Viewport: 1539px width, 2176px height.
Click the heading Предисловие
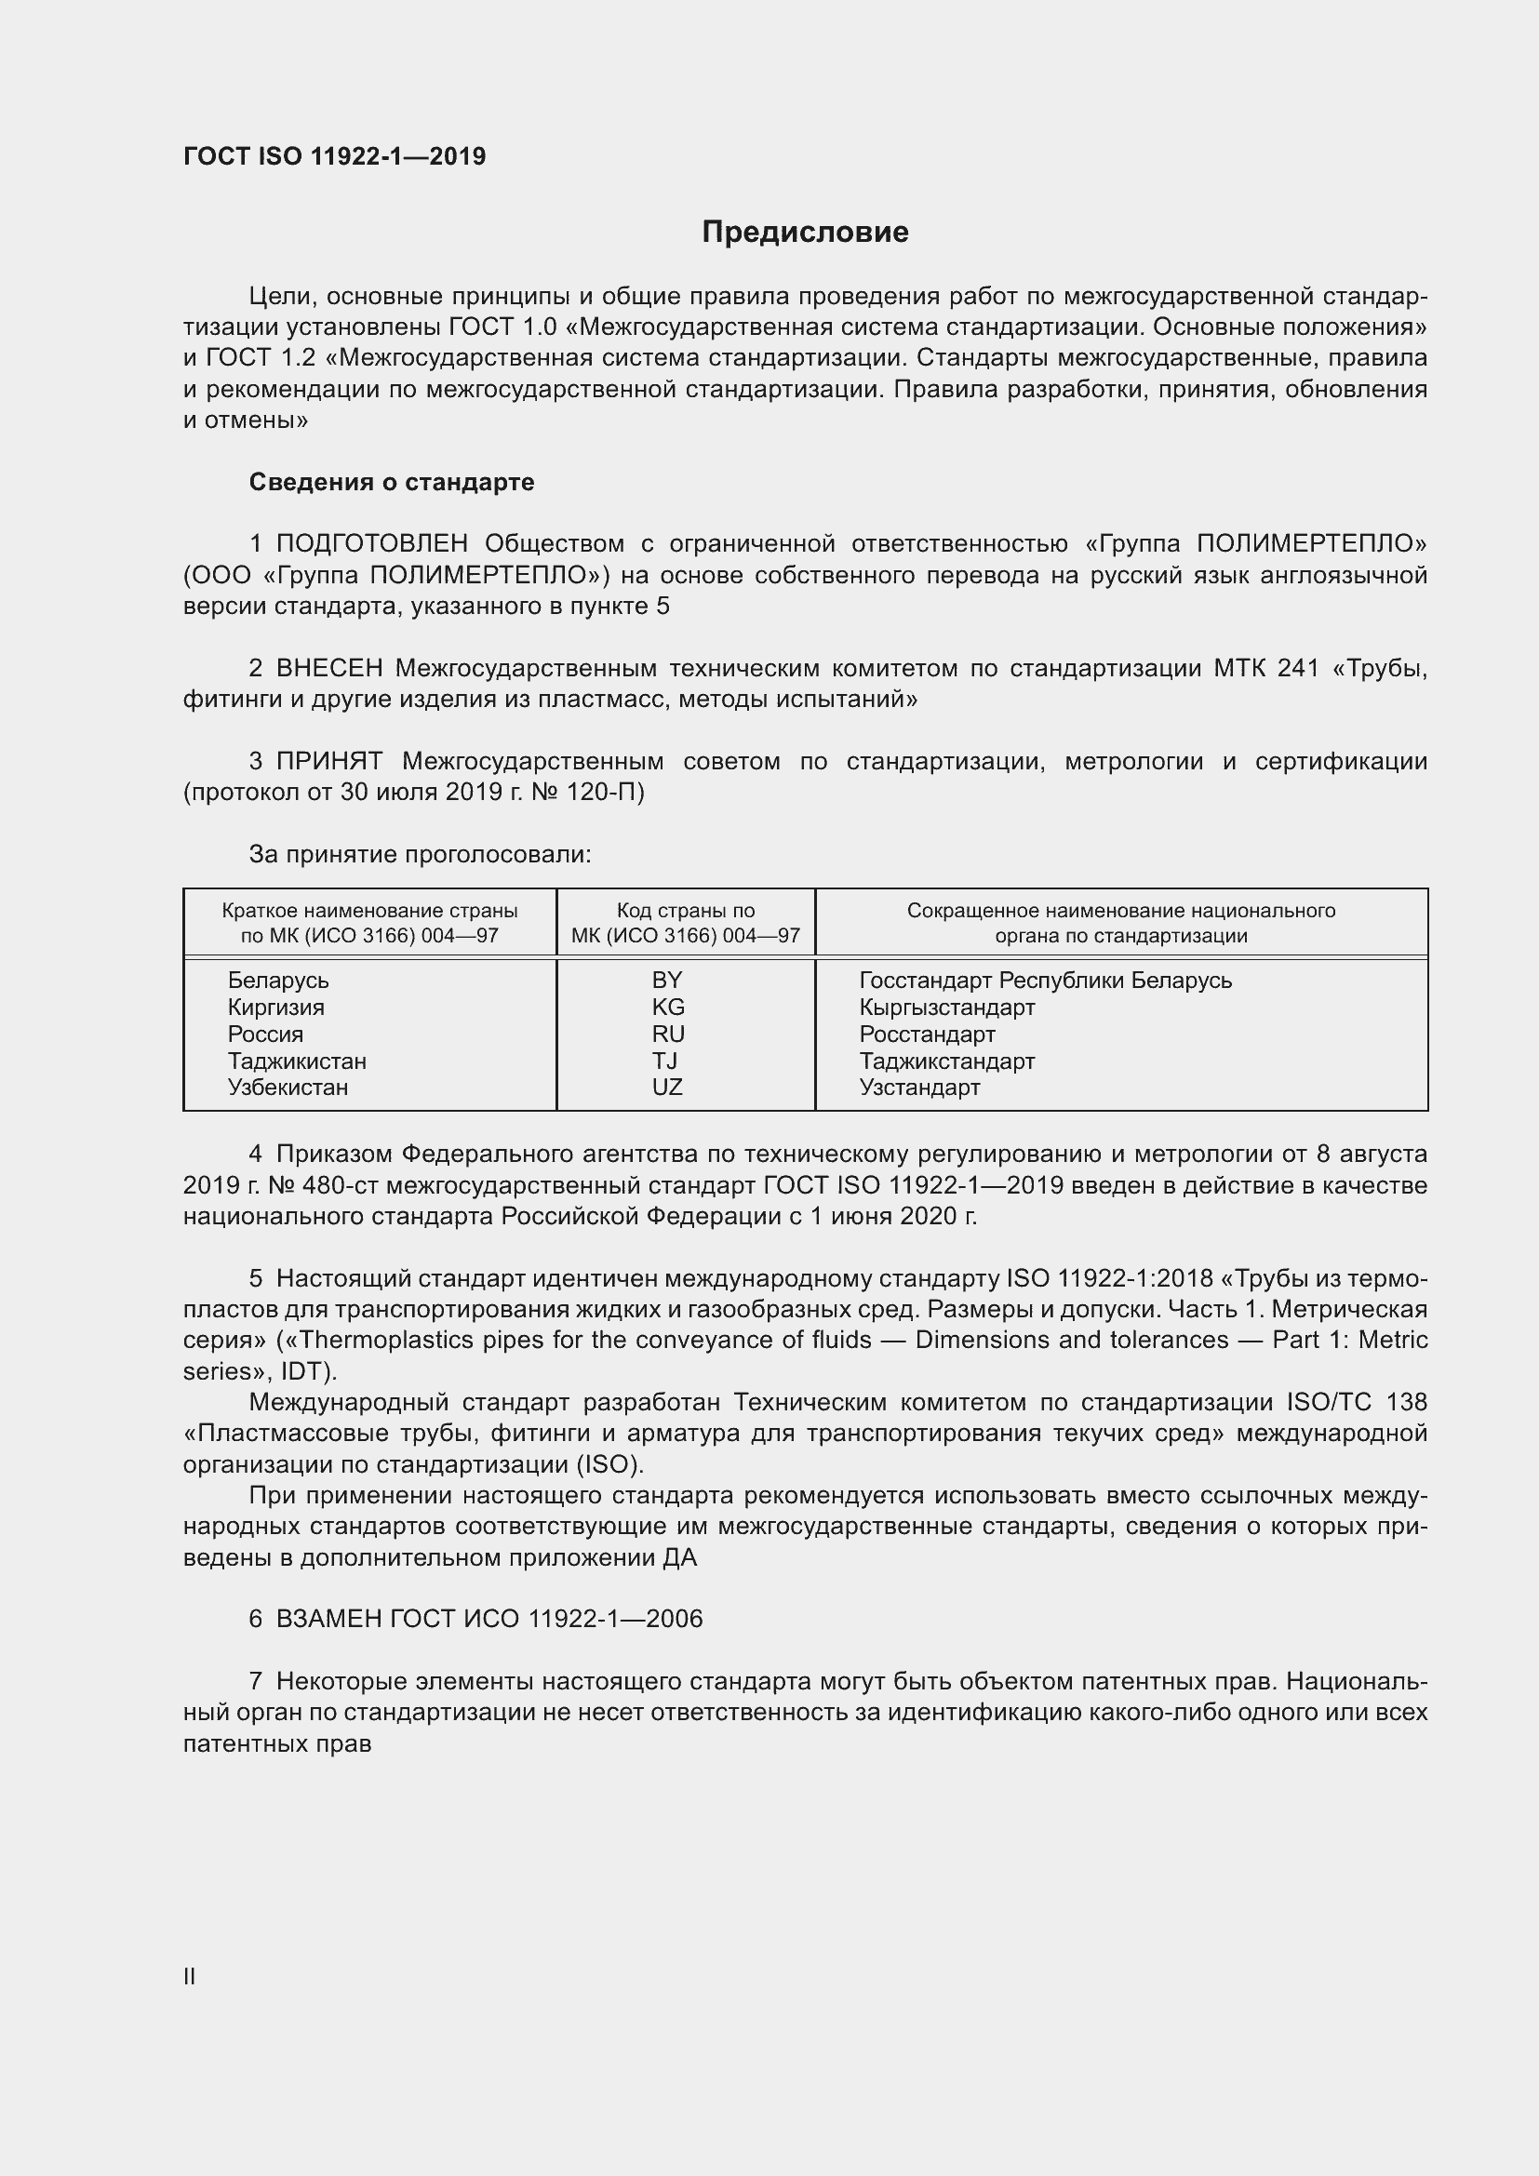pyautogui.click(x=805, y=232)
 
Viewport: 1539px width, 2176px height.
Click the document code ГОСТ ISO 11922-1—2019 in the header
pyautogui.click(x=335, y=156)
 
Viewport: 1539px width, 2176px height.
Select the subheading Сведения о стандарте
pyautogui.click(x=392, y=483)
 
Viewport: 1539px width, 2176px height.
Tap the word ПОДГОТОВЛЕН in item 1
pyautogui.click(x=371, y=544)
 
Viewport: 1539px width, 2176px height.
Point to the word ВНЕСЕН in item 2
pyautogui.click(x=328, y=669)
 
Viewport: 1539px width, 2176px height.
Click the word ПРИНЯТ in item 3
pyautogui.click(x=328, y=762)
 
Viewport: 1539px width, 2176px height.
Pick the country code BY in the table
pyautogui.click(x=667, y=980)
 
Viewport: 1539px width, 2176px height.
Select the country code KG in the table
pyautogui.click(x=668, y=1007)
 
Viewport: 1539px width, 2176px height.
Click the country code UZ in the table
pyautogui.click(x=667, y=1087)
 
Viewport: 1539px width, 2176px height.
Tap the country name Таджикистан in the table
pyautogui.click(x=297, y=1061)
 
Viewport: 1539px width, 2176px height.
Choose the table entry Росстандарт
pyautogui.click(x=927, y=1034)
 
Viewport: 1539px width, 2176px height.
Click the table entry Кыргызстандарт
pyautogui.click(x=946, y=1007)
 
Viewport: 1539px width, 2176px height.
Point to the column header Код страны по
pyautogui.click(x=685, y=911)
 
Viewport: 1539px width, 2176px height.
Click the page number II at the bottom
pyautogui.click(x=190, y=1977)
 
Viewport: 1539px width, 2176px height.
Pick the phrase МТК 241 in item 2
pyautogui.click(x=1266, y=669)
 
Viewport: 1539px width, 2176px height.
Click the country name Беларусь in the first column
pyautogui.click(x=277, y=980)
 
